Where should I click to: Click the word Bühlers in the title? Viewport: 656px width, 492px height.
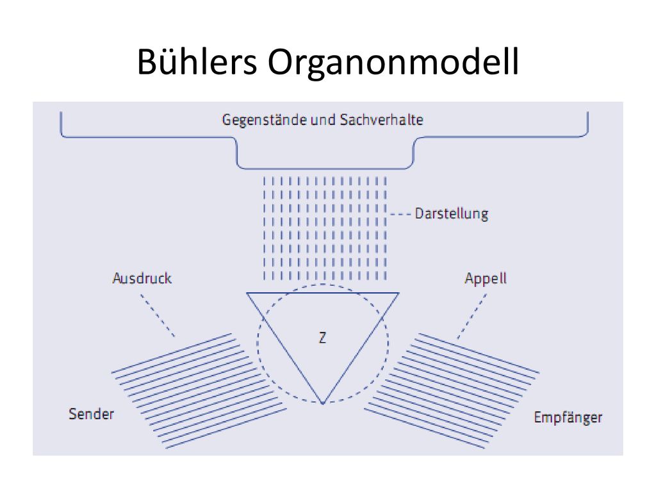pyautogui.click(x=197, y=61)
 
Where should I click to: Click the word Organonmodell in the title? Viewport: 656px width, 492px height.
pyautogui.click(x=393, y=61)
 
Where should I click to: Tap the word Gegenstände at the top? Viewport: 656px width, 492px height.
pyautogui.click(x=264, y=120)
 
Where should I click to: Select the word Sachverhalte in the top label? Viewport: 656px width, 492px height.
pyautogui.click(x=382, y=120)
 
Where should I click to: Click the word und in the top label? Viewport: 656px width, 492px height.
pyautogui.click(x=323, y=120)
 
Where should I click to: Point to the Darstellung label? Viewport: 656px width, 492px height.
pyautogui.click(x=452, y=214)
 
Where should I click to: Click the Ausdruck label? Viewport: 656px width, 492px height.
pyautogui.click(x=142, y=278)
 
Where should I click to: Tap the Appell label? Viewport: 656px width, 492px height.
pyautogui.click(x=486, y=279)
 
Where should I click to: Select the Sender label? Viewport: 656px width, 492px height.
pyautogui.click(x=91, y=414)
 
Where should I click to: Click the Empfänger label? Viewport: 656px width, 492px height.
pyautogui.click(x=568, y=418)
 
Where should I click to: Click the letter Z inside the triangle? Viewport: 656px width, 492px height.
pyautogui.click(x=322, y=338)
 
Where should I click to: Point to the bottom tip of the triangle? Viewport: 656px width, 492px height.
pyautogui.click(x=323, y=404)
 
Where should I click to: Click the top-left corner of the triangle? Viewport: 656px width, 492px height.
pyautogui.click(x=247, y=293)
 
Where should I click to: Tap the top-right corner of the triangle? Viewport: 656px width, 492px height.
pyautogui.click(x=399, y=293)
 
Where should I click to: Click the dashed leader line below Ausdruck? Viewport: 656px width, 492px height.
pyautogui.click(x=158, y=315)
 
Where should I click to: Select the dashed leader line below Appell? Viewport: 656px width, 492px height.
pyautogui.click(x=472, y=316)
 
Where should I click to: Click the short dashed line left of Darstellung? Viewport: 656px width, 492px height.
pyautogui.click(x=400, y=214)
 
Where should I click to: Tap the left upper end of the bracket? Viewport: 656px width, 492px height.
pyautogui.click(x=61, y=112)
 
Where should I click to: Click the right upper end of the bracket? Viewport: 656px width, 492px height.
pyautogui.click(x=588, y=112)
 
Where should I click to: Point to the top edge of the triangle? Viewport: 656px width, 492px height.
pyautogui.click(x=323, y=293)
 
